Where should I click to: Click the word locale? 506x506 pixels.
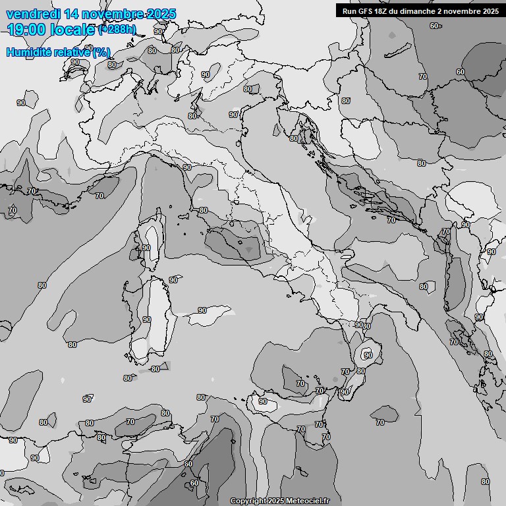pyautogui.click(x=72, y=30)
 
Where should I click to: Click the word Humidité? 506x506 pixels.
pyautogui.click(x=27, y=51)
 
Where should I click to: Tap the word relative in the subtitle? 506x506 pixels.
pyautogui.click(x=70, y=51)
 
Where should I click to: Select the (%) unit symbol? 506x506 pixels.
pyautogui.click(x=101, y=51)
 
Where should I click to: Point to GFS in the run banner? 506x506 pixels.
pyautogui.click(x=367, y=11)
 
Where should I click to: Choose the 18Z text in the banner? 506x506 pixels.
pyautogui.click(x=384, y=11)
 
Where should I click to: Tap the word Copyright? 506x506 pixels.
pyautogui.click(x=248, y=501)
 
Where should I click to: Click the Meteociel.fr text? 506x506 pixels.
pyautogui.click(x=308, y=501)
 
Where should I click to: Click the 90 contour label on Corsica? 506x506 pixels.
pyautogui.click(x=146, y=248)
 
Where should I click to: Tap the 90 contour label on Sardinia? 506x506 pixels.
pyautogui.click(x=146, y=320)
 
